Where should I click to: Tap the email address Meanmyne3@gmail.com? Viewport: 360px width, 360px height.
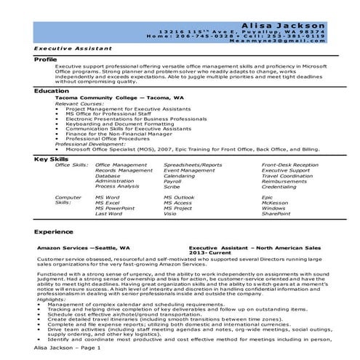click(x=295, y=41)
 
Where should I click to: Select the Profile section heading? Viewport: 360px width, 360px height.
click(x=46, y=58)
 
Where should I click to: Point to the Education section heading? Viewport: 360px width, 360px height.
click(x=51, y=91)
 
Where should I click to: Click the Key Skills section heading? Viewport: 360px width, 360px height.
click(x=52, y=158)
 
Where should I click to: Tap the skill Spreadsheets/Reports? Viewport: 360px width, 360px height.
click(x=193, y=165)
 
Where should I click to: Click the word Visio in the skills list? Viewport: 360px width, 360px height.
click(x=169, y=214)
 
